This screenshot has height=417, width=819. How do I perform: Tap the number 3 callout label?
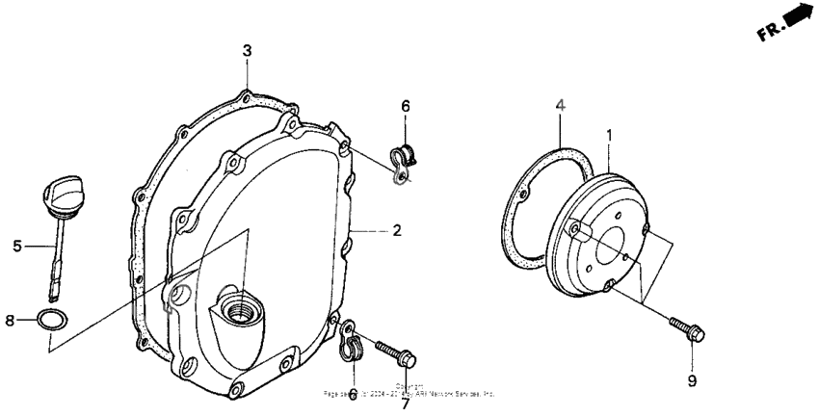point(247,50)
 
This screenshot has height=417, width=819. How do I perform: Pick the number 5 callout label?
point(17,247)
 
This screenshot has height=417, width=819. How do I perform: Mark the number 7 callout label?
point(406,403)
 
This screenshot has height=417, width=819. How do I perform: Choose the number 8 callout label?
point(11,321)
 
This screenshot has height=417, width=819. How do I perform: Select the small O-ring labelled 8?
point(52,320)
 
